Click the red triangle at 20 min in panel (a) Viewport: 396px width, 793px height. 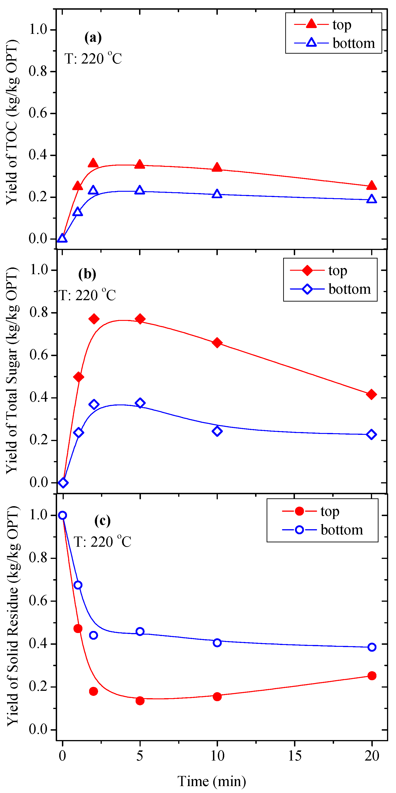(x=371, y=186)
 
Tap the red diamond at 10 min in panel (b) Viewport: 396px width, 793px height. (x=217, y=343)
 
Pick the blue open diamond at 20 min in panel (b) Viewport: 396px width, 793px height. (x=371, y=434)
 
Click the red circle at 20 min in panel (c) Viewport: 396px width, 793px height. (x=372, y=676)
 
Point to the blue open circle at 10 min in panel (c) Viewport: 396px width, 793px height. (x=217, y=643)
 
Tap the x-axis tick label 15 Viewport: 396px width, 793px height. (x=294, y=755)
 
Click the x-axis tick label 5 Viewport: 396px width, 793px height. (x=140, y=755)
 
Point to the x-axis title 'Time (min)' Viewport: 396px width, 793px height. (x=212, y=781)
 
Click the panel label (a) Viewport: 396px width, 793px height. (x=93, y=38)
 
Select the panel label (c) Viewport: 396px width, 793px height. (x=102, y=520)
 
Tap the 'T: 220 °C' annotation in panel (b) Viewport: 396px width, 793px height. (x=87, y=295)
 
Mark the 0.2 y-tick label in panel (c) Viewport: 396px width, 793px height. (x=38, y=686)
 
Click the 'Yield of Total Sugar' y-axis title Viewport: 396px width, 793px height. (x=12, y=369)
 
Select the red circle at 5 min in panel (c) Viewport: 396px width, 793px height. (x=140, y=701)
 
